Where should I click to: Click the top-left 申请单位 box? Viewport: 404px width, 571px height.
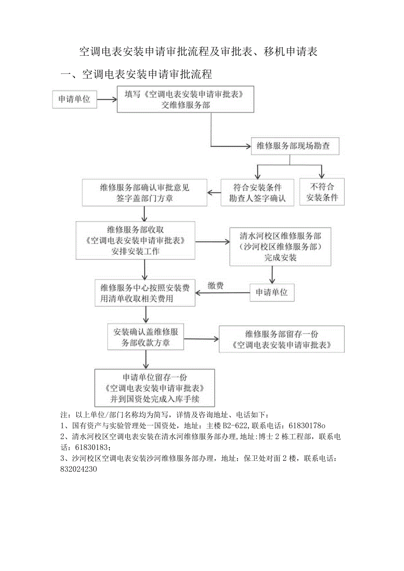pos(74,100)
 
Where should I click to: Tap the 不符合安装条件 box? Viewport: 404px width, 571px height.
pos(322,192)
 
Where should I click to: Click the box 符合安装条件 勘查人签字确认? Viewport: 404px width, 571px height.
pos(257,192)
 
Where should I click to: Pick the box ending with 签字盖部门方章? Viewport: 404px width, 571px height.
pos(144,193)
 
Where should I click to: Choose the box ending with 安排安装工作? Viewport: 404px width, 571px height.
pos(135,240)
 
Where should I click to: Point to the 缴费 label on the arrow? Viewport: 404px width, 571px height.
pos(216,286)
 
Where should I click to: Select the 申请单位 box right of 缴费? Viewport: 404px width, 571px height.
pos(272,292)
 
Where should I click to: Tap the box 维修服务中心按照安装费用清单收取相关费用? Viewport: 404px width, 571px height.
pos(145,293)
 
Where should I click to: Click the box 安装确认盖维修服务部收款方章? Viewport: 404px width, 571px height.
pos(145,337)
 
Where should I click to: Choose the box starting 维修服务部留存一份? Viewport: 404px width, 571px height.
pos(281,339)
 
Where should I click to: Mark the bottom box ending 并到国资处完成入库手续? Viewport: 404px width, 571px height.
pos(155,388)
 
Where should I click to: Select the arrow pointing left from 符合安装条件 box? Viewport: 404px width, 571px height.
pos(214,192)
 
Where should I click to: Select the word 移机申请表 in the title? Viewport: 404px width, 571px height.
pos(291,52)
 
